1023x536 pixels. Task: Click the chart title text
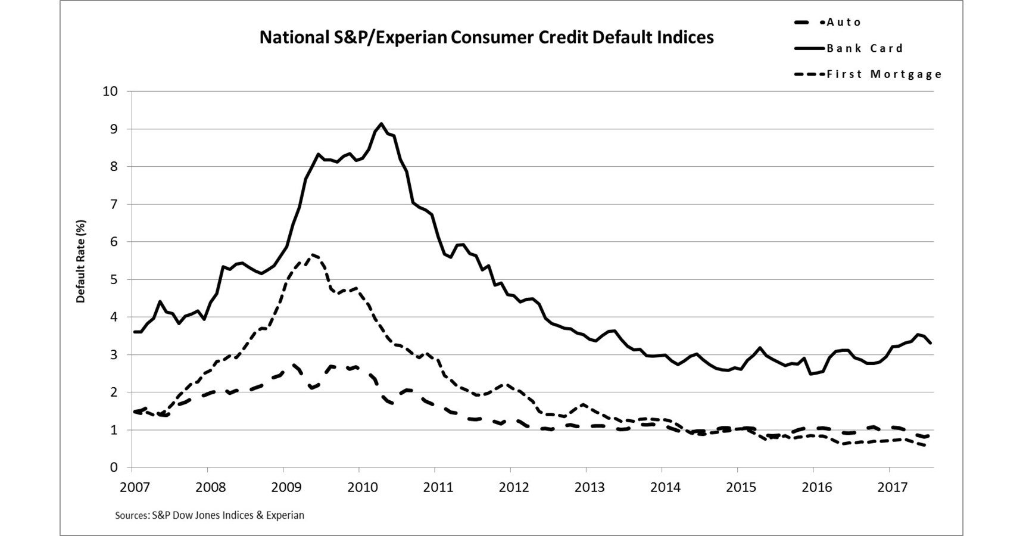click(x=486, y=38)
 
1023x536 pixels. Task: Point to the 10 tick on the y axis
click(x=110, y=92)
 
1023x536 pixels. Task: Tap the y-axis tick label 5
click(x=114, y=280)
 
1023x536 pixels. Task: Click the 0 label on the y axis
click(x=114, y=468)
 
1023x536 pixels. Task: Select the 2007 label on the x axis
click(x=135, y=487)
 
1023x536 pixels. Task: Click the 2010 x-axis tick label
click(x=363, y=487)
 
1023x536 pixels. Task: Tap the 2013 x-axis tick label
click(x=590, y=487)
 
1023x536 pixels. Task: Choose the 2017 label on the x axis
click(x=893, y=487)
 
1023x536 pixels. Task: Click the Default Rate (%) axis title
click(x=81, y=261)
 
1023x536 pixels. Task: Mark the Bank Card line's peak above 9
click(x=382, y=124)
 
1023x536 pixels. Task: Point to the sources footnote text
click(x=210, y=515)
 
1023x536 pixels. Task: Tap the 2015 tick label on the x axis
click(x=741, y=487)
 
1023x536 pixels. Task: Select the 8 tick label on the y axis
click(x=114, y=167)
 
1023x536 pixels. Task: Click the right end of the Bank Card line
click(x=931, y=343)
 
